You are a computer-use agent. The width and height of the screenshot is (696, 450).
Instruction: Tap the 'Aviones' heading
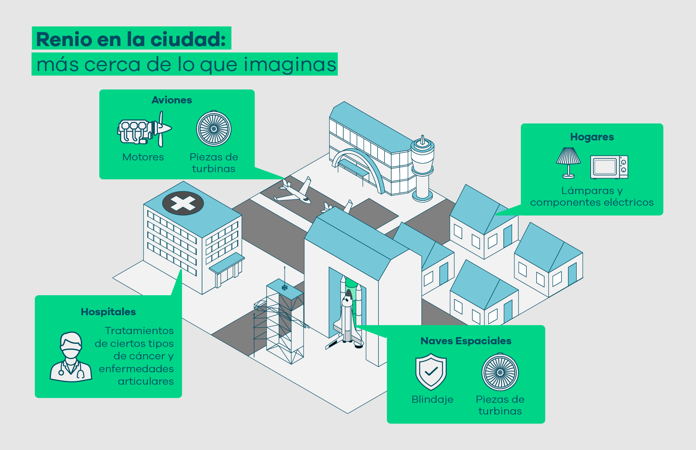172,100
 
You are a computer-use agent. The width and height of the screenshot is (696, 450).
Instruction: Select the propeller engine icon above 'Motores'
145,129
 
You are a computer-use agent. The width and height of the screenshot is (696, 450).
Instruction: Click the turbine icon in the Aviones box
214,128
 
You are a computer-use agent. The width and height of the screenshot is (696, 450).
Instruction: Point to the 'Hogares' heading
592,137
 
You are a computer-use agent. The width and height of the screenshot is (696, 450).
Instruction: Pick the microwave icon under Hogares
609,167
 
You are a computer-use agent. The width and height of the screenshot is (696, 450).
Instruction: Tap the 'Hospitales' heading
108,312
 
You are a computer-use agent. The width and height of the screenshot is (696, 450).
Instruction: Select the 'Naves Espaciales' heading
466,341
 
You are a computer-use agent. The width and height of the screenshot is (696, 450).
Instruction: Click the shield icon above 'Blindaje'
431,371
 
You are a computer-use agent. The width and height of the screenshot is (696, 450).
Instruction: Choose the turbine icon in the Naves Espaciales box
500,372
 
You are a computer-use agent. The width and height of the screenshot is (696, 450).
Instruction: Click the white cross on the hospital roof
183,203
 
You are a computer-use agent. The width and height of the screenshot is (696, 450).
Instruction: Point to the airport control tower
423,168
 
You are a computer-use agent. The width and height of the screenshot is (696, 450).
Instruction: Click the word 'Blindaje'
432,399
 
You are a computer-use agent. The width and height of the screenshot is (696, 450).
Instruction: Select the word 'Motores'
143,157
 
